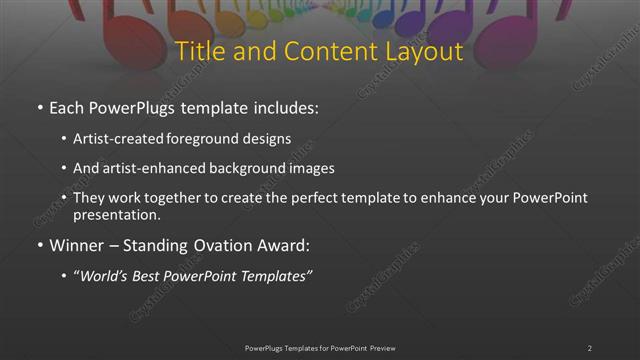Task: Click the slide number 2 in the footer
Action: click(589, 348)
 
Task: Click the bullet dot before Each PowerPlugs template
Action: click(39, 107)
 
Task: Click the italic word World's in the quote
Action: click(104, 276)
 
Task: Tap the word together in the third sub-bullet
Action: click(176, 198)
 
